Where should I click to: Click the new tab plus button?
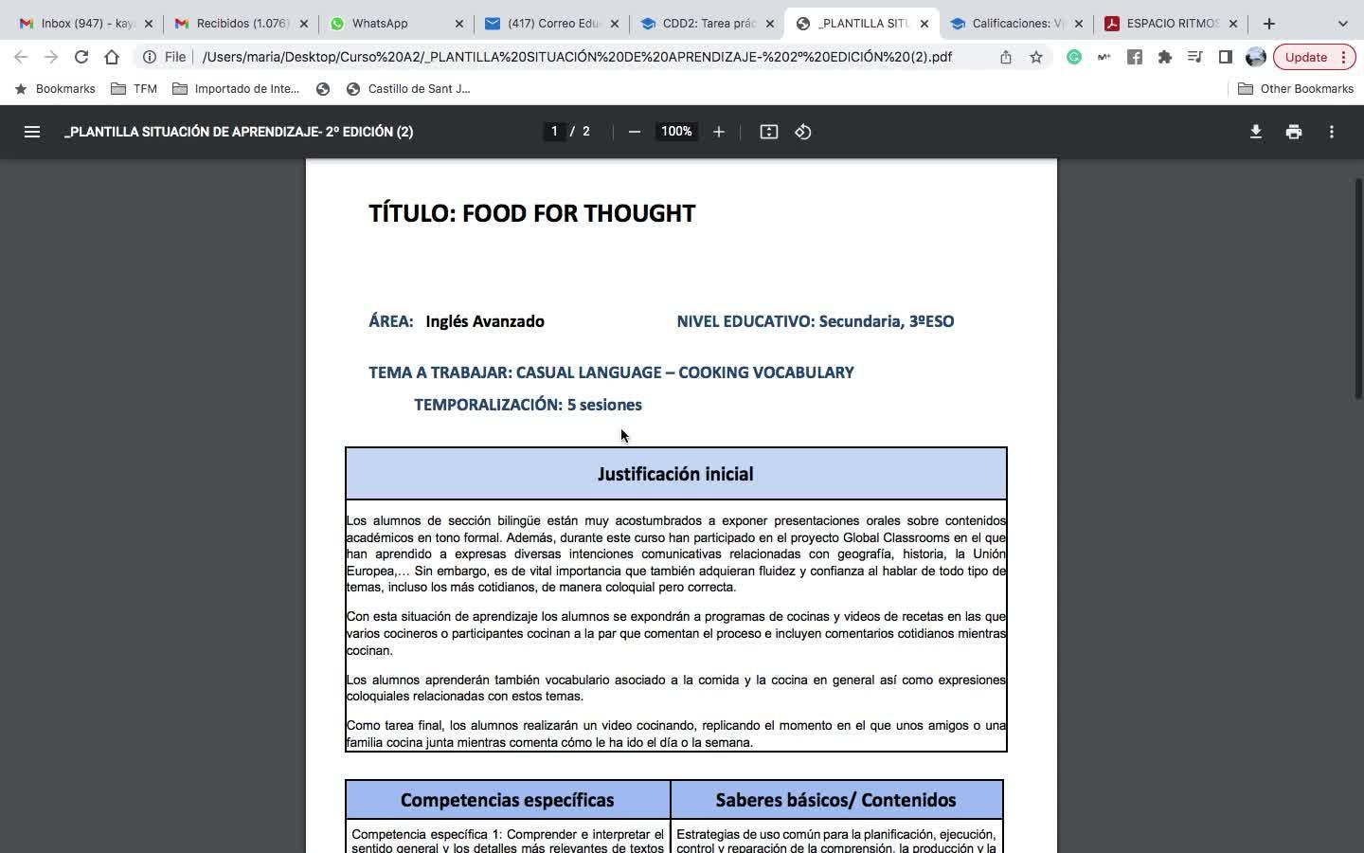(1269, 23)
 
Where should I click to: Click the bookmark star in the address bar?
(1036, 57)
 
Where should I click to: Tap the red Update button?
(1306, 57)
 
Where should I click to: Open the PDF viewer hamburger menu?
(32, 132)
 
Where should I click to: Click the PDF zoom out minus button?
(635, 132)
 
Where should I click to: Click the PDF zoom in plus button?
(719, 132)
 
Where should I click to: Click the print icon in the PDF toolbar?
(1294, 132)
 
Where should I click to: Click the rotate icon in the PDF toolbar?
(803, 132)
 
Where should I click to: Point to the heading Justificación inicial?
(675, 474)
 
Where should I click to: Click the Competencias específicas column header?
(507, 800)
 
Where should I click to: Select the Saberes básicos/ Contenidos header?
(835, 800)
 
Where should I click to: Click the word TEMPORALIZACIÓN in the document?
(488, 405)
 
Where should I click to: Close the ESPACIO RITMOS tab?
(1233, 23)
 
